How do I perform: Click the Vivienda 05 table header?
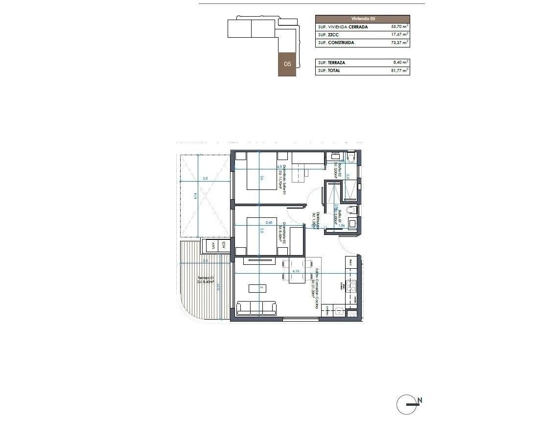click(x=363, y=19)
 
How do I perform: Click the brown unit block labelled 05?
click(x=287, y=64)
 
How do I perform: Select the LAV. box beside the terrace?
click(x=212, y=245)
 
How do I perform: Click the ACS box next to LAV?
click(x=224, y=245)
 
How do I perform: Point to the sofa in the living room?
click(x=256, y=308)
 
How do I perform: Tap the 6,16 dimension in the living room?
click(x=295, y=270)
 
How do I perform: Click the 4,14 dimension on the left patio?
click(x=195, y=196)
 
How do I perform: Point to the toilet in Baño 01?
click(x=351, y=210)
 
